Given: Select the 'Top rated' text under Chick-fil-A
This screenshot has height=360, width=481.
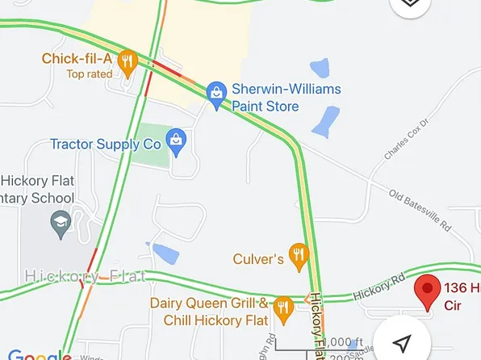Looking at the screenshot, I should pyautogui.click(x=90, y=74).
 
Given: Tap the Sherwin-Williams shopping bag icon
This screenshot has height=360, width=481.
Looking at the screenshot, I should pyautogui.click(x=216, y=92).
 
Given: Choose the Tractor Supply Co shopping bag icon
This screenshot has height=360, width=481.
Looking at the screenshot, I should pyautogui.click(x=176, y=140).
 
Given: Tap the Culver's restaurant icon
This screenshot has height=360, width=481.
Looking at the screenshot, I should pyautogui.click(x=299, y=257).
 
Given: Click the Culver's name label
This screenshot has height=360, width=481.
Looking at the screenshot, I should pyautogui.click(x=258, y=259).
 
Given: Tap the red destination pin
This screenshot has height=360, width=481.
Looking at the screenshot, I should pyautogui.click(x=427, y=291).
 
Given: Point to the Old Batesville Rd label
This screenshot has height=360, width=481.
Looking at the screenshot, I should pyautogui.click(x=419, y=209).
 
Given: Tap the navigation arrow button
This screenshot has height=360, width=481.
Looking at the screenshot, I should pyautogui.click(x=404, y=341).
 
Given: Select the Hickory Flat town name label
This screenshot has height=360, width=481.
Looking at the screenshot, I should pyautogui.click(x=86, y=276).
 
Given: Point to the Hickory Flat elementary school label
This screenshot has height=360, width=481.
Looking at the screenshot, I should pyautogui.click(x=37, y=189).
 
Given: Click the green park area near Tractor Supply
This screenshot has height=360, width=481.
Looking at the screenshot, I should pyautogui.click(x=152, y=145).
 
